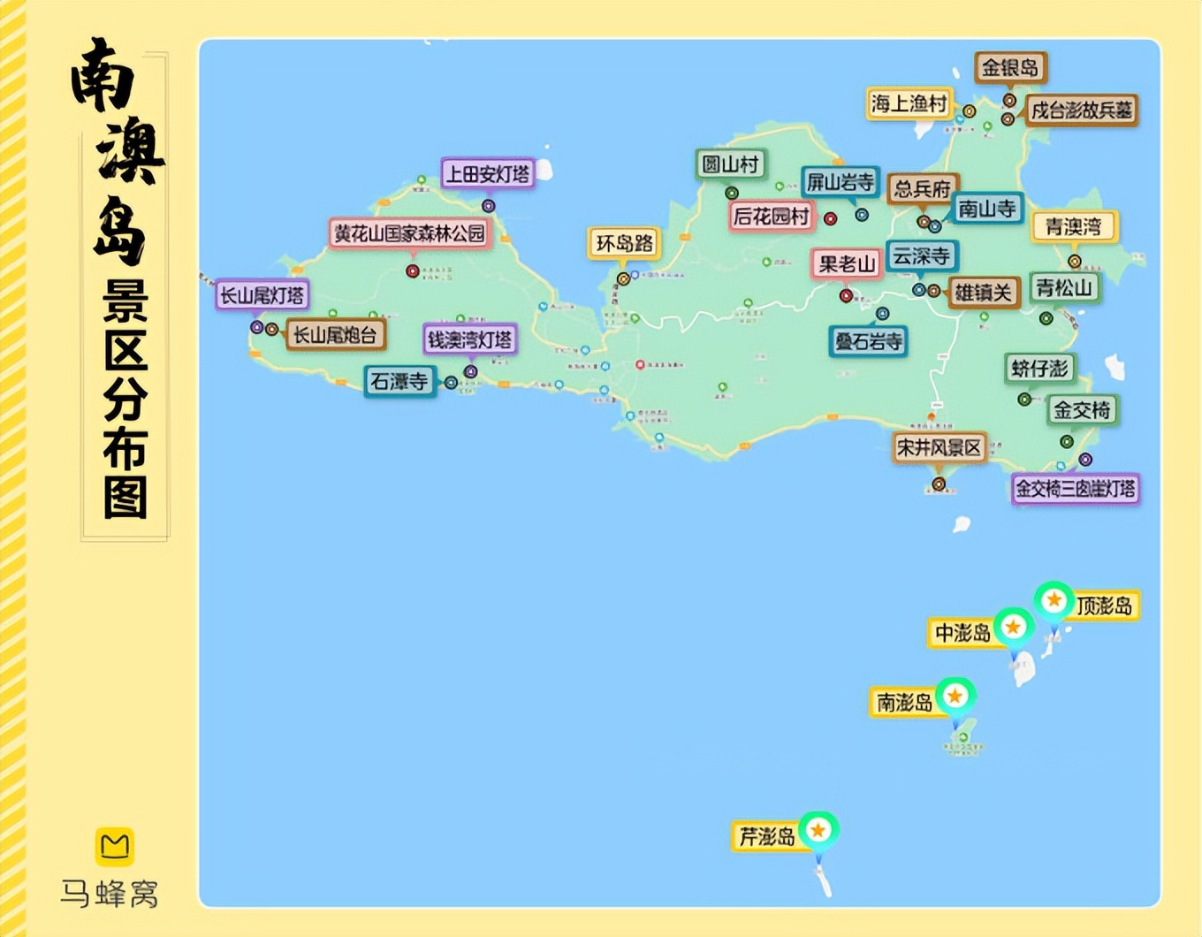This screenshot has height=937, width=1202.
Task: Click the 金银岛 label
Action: coord(1010,67)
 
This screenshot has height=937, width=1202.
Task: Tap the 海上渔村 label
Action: coord(909,103)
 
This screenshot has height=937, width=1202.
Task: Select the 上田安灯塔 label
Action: coord(487,174)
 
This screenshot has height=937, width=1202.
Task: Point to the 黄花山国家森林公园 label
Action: coord(409,233)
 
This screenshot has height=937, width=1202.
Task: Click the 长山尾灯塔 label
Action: coord(262,295)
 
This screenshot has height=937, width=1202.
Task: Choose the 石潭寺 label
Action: coord(399,381)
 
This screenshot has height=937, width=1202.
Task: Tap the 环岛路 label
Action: coord(624,243)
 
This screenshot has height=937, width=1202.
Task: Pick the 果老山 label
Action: coord(847,263)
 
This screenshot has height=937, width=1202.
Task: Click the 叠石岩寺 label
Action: coord(868,341)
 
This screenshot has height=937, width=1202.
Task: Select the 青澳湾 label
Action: coord(1074,226)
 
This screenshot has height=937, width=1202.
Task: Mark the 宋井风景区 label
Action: coord(939,448)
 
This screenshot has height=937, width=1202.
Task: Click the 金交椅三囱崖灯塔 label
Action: coord(1075,488)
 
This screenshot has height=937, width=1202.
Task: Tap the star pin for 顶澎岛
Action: coord(1054,601)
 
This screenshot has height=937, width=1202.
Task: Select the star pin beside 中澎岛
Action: coord(1013,628)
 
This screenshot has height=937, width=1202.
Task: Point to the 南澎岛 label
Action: coord(904,702)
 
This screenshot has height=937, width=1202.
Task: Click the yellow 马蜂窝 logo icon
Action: coord(114,846)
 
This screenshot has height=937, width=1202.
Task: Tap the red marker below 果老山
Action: coord(846,296)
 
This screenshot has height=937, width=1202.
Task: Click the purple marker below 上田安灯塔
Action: coord(488,206)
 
